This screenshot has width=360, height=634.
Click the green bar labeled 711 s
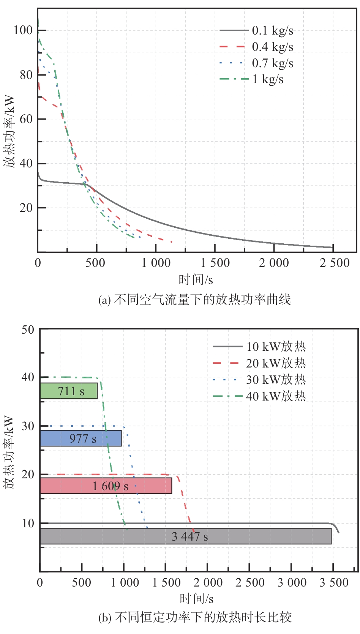(x=69, y=391)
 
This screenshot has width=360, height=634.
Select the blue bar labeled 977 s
(x=81, y=438)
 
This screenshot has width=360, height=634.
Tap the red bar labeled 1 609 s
(x=106, y=486)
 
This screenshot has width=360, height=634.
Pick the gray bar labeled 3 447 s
(x=185, y=536)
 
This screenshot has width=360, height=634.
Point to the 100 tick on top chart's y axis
(x=23, y=30)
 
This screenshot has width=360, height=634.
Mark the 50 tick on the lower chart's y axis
(x=28, y=330)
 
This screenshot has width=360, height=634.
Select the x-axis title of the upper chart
(x=196, y=280)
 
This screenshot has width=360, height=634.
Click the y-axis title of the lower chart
(x=9, y=452)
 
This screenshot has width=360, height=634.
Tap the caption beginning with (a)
(x=194, y=300)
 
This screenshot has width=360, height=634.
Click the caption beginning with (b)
(x=195, y=617)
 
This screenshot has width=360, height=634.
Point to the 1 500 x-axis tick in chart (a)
(x=215, y=263)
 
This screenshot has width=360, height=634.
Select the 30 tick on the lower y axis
(x=28, y=426)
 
